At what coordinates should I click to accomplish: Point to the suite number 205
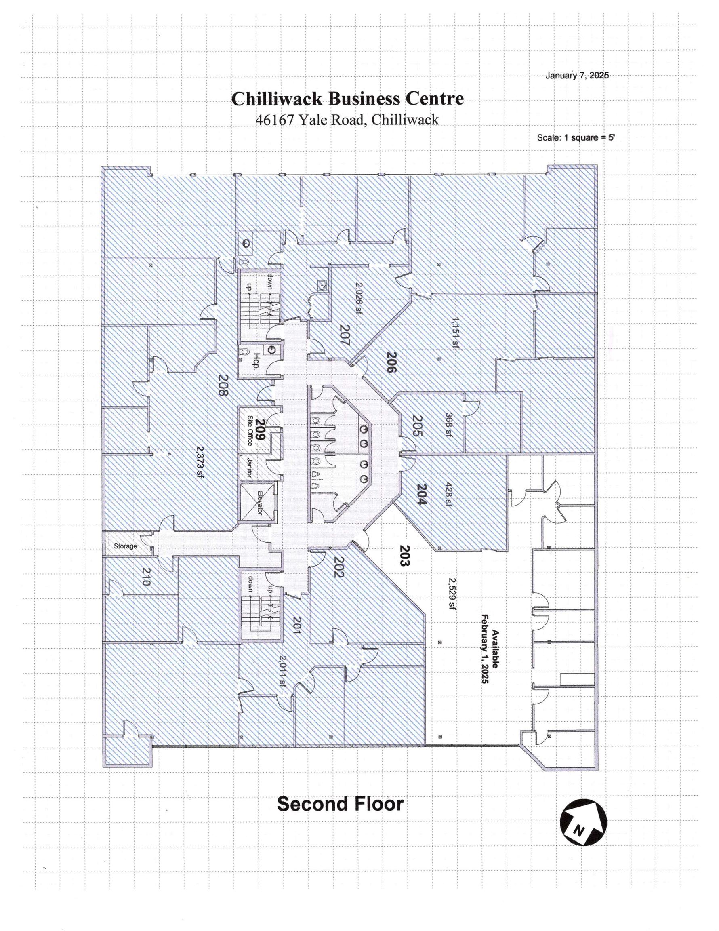(x=416, y=426)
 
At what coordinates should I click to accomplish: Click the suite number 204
(x=421, y=495)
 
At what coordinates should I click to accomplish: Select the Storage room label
(x=125, y=546)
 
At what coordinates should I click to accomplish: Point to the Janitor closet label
(x=249, y=468)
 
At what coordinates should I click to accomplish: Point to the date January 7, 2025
(x=577, y=76)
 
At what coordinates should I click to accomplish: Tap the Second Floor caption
(x=340, y=804)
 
